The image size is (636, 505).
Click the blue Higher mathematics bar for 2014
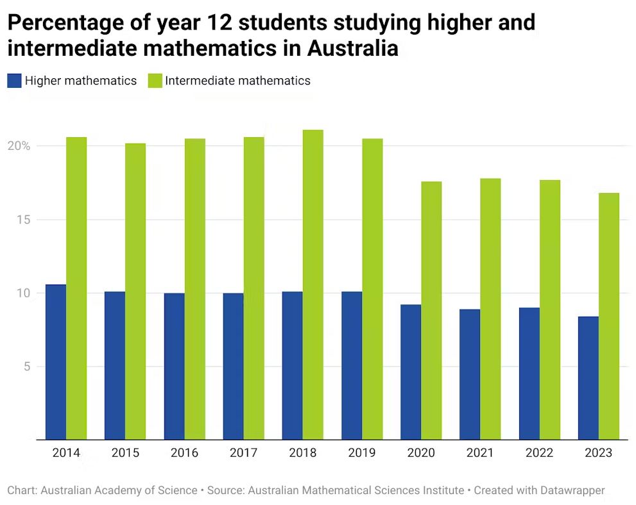point(56,362)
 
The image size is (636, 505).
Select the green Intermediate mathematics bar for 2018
point(313,285)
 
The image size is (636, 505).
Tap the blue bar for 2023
point(589,378)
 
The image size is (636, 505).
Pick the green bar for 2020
point(431,311)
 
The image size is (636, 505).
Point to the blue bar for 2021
point(470,374)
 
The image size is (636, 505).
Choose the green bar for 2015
point(135,292)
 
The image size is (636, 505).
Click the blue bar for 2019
point(352,365)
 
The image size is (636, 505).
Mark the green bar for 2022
point(550,310)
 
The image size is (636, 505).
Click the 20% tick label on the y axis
point(19,146)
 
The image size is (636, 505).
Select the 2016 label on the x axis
point(184,453)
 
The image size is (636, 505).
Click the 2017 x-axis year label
point(243,453)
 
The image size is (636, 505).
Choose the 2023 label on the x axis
point(598,453)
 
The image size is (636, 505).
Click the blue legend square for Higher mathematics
point(14,81)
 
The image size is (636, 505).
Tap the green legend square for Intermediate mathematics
point(155,81)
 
